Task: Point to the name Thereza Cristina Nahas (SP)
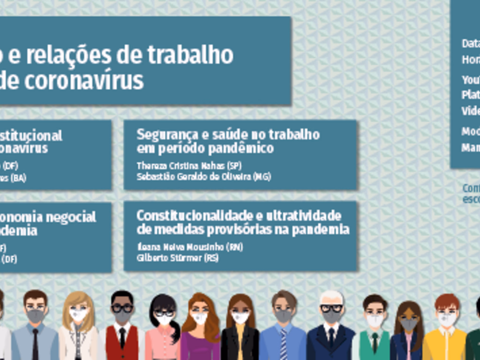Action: click(x=189, y=165)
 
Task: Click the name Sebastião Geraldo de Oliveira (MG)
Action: click(x=203, y=177)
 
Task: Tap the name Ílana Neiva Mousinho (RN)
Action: click(x=189, y=247)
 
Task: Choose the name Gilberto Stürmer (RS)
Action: click(x=177, y=258)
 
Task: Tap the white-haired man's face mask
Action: click(x=331, y=317)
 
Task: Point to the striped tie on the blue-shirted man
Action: click(x=283, y=345)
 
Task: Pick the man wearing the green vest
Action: click(x=375, y=328)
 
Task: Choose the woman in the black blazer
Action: click(x=240, y=328)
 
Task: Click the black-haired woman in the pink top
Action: click(x=163, y=328)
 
